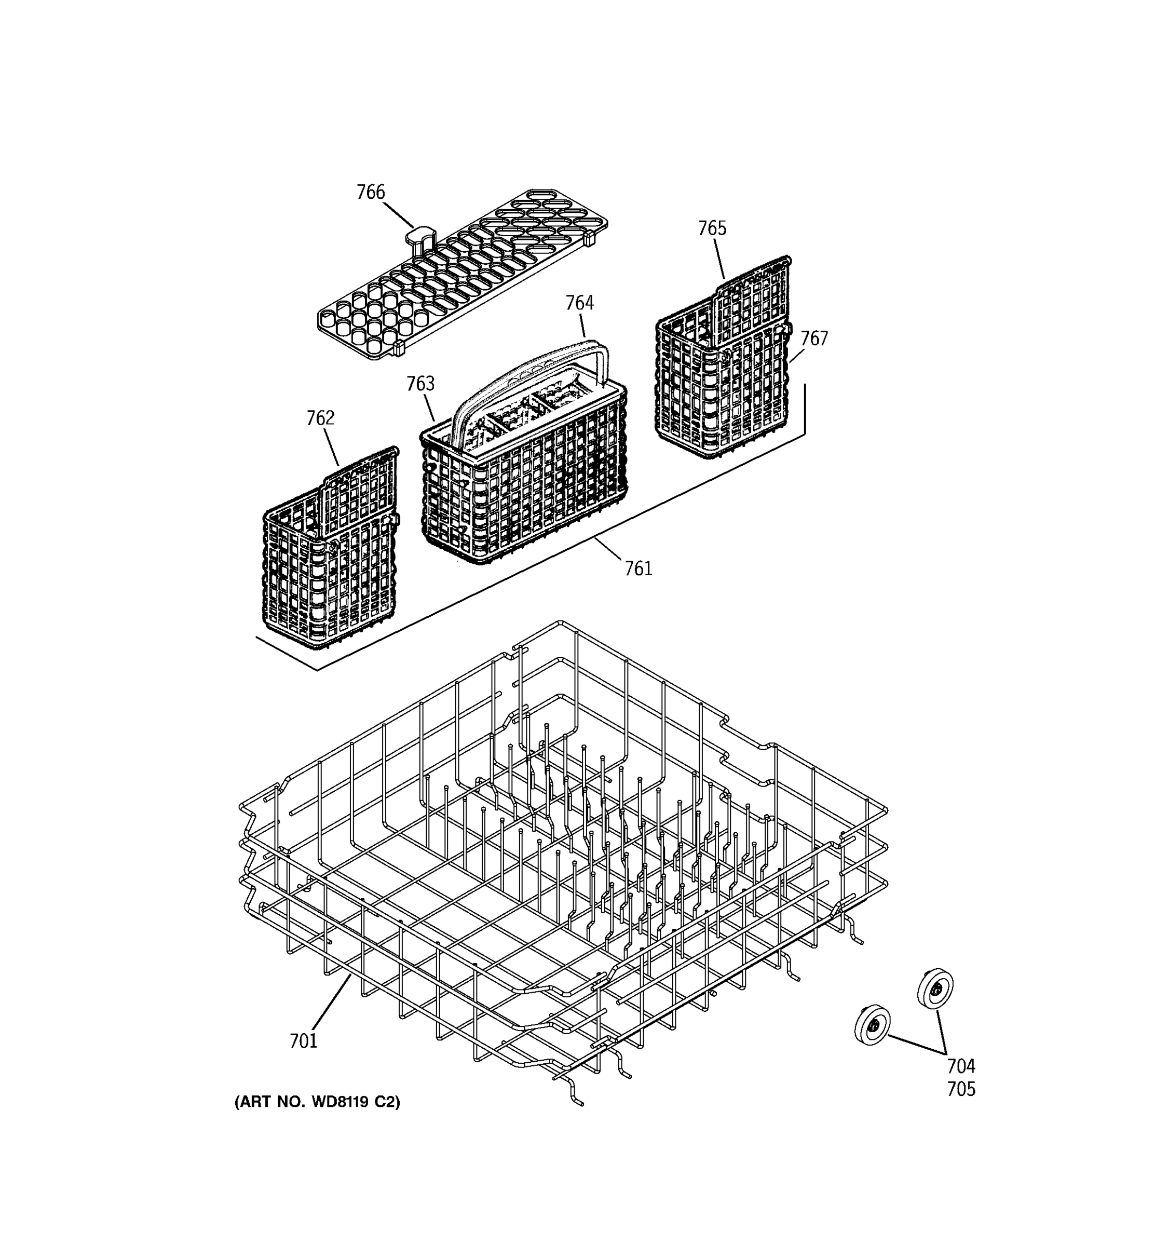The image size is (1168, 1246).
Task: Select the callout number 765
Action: click(x=712, y=228)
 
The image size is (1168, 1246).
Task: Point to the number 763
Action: click(x=420, y=384)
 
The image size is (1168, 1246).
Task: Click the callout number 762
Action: click(x=320, y=418)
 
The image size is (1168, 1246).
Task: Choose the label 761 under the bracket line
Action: click(x=638, y=568)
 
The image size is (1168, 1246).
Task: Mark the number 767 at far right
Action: click(x=814, y=338)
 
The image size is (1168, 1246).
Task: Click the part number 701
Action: click(x=303, y=1041)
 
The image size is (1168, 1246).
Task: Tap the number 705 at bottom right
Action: click(x=960, y=1089)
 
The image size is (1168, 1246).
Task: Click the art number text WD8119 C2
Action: click(x=317, y=1119)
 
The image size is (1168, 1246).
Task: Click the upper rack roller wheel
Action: click(x=935, y=990)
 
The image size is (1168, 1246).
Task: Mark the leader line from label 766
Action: click(x=398, y=215)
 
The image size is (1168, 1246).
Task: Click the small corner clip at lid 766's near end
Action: click(x=398, y=348)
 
